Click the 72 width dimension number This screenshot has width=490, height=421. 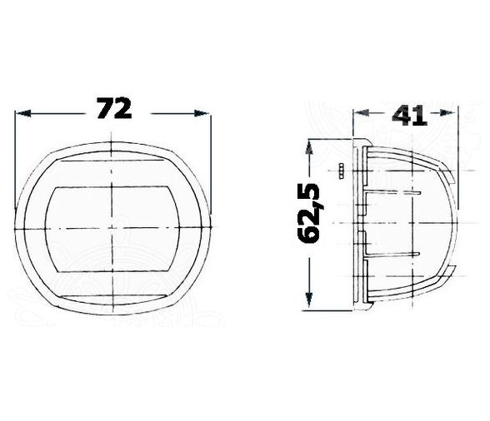114,108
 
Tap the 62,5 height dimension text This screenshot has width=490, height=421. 311,214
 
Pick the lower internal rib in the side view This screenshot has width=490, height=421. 392,252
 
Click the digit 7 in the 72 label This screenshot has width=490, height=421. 104,108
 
